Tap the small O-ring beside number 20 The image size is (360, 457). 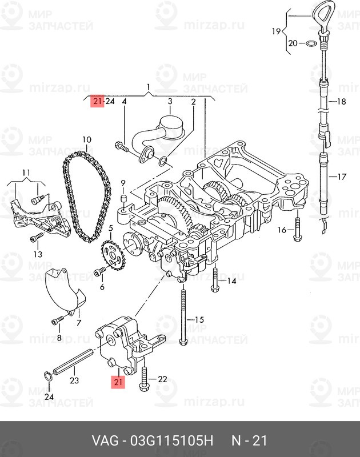311,43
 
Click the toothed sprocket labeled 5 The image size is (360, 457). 113,254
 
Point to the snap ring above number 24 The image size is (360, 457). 49,376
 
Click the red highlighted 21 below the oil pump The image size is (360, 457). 118,382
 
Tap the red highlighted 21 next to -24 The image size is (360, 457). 97,101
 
